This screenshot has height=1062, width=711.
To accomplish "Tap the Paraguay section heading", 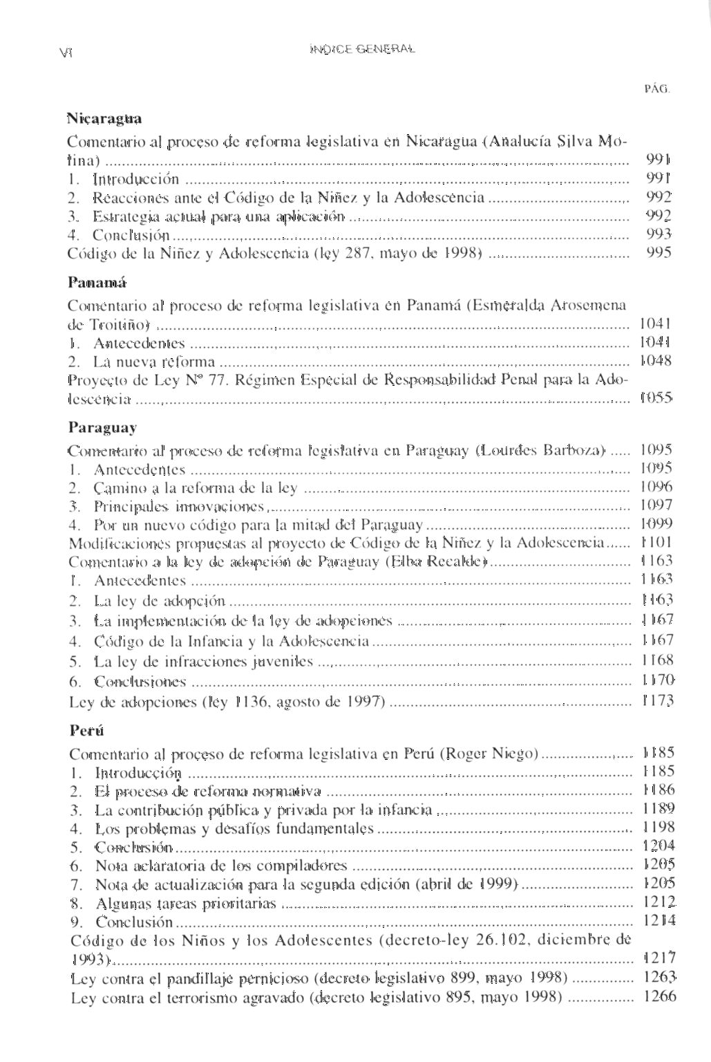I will [x=102, y=427].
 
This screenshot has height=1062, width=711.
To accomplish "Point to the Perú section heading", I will [x=86, y=731].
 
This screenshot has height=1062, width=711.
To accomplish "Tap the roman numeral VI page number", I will [x=67, y=50].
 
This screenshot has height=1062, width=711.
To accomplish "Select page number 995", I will [x=658, y=253].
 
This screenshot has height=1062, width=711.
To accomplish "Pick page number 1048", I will [x=656, y=361].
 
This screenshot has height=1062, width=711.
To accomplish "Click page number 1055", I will [x=656, y=398].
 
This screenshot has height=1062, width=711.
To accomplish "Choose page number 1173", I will [x=656, y=701].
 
